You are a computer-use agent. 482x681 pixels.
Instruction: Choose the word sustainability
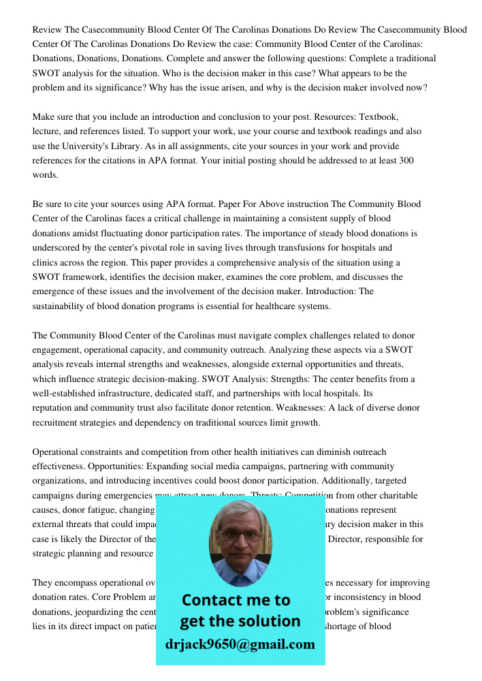(x=61, y=306)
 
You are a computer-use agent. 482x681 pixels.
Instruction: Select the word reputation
(x=54, y=408)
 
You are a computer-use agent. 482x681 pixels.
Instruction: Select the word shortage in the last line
(x=351, y=626)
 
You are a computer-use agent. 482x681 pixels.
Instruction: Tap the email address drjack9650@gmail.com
(x=240, y=644)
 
